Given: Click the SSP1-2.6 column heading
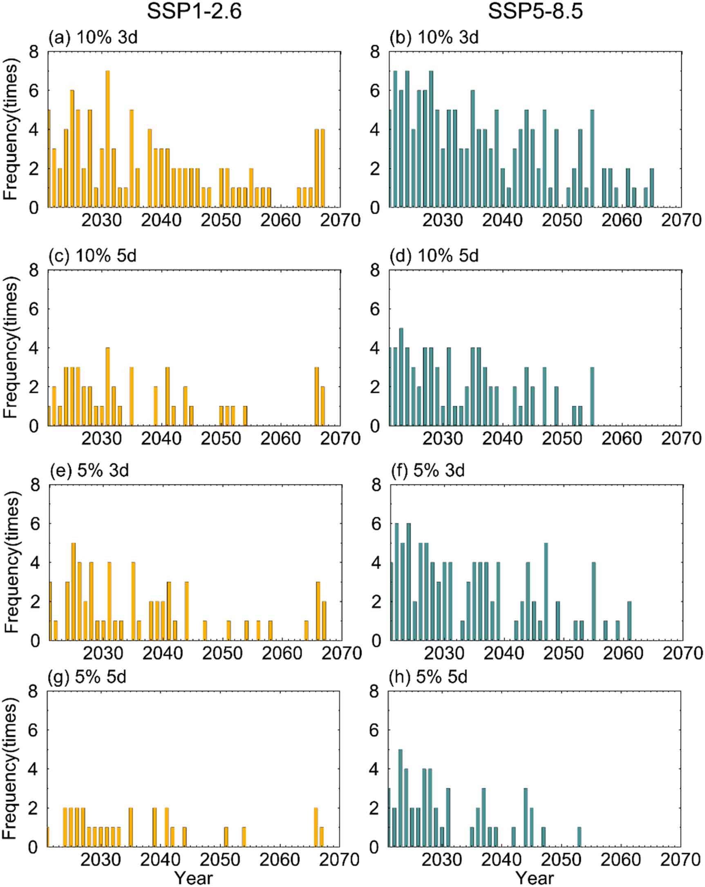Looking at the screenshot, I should tap(194, 11).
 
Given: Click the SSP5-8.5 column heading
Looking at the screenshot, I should tap(535, 11).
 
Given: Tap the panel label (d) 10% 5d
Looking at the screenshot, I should tap(434, 256).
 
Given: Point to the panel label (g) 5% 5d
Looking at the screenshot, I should tap(87, 677).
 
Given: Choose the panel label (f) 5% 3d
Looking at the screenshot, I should tap(428, 470).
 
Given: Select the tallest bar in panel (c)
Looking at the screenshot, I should tap(107, 387).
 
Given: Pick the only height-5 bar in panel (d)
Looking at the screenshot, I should tap(401, 377).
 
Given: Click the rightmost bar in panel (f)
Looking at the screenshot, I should tap(629, 621).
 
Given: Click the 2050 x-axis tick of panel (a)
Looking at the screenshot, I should tap(221, 220).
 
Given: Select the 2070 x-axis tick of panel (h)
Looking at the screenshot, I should tap(680, 860).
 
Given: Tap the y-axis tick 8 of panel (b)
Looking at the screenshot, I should tap(375, 52).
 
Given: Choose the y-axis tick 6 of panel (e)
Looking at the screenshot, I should tap(36, 524).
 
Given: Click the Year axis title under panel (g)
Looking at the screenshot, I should tap(193, 878).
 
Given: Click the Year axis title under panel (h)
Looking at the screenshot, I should tap(534, 878).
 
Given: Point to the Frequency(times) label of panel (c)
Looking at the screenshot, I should tap(11, 348).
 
